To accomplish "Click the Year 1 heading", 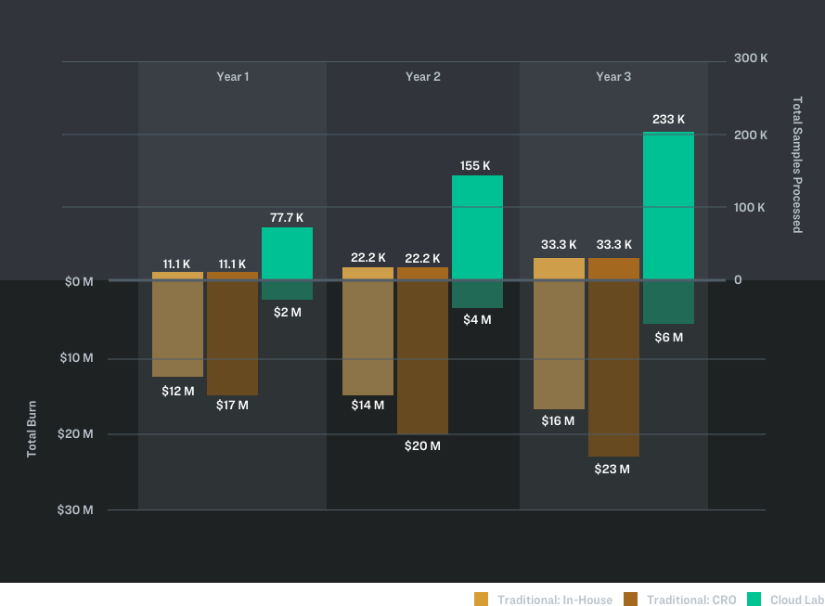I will [232, 77].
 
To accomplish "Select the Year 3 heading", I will [613, 77].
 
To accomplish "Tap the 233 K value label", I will [668, 120].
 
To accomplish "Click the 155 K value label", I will [476, 166].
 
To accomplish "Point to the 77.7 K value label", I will [287, 218].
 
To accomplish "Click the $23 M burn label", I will [612, 470].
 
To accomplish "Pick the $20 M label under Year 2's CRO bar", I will [422, 446].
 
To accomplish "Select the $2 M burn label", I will [287, 313].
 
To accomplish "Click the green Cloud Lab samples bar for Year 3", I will [668, 205].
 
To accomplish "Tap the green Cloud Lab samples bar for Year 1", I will [287, 253].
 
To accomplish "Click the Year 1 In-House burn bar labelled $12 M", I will [177, 329].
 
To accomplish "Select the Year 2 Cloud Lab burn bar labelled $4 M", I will [477, 294].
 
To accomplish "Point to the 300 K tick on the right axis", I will [751, 58].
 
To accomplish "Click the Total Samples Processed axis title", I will [796, 164].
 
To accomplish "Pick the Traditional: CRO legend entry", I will [681, 600].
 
